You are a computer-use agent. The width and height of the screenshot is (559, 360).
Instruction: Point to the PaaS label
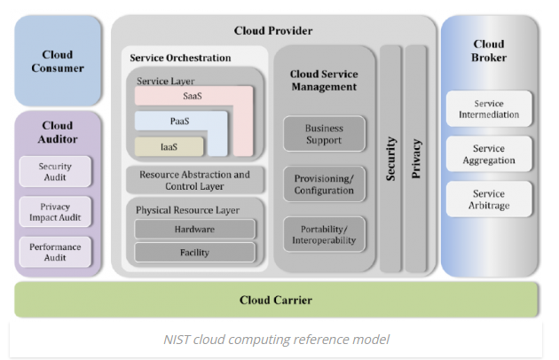coord(180,121)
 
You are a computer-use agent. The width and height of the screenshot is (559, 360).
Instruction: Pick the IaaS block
coord(169,146)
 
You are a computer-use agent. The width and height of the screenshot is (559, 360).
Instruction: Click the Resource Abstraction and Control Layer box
coord(194,181)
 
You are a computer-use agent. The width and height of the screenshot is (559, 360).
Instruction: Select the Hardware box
coord(194,229)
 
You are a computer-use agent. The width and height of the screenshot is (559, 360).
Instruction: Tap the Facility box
coord(194,252)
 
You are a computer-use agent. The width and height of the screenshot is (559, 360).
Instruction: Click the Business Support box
coord(324,134)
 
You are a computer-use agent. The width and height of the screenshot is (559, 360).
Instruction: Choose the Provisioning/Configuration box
coord(324,184)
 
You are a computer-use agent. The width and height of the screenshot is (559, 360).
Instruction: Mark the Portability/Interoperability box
coord(324,233)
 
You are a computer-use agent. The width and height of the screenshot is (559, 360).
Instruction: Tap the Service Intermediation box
coord(489,109)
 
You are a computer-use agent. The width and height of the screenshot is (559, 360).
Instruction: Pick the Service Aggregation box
coord(489,154)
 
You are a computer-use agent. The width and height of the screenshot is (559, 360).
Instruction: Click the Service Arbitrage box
coord(489,200)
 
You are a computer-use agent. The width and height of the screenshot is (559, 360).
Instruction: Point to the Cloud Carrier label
coord(276,300)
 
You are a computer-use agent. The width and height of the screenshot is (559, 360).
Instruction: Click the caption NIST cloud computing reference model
coord(276,339)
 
